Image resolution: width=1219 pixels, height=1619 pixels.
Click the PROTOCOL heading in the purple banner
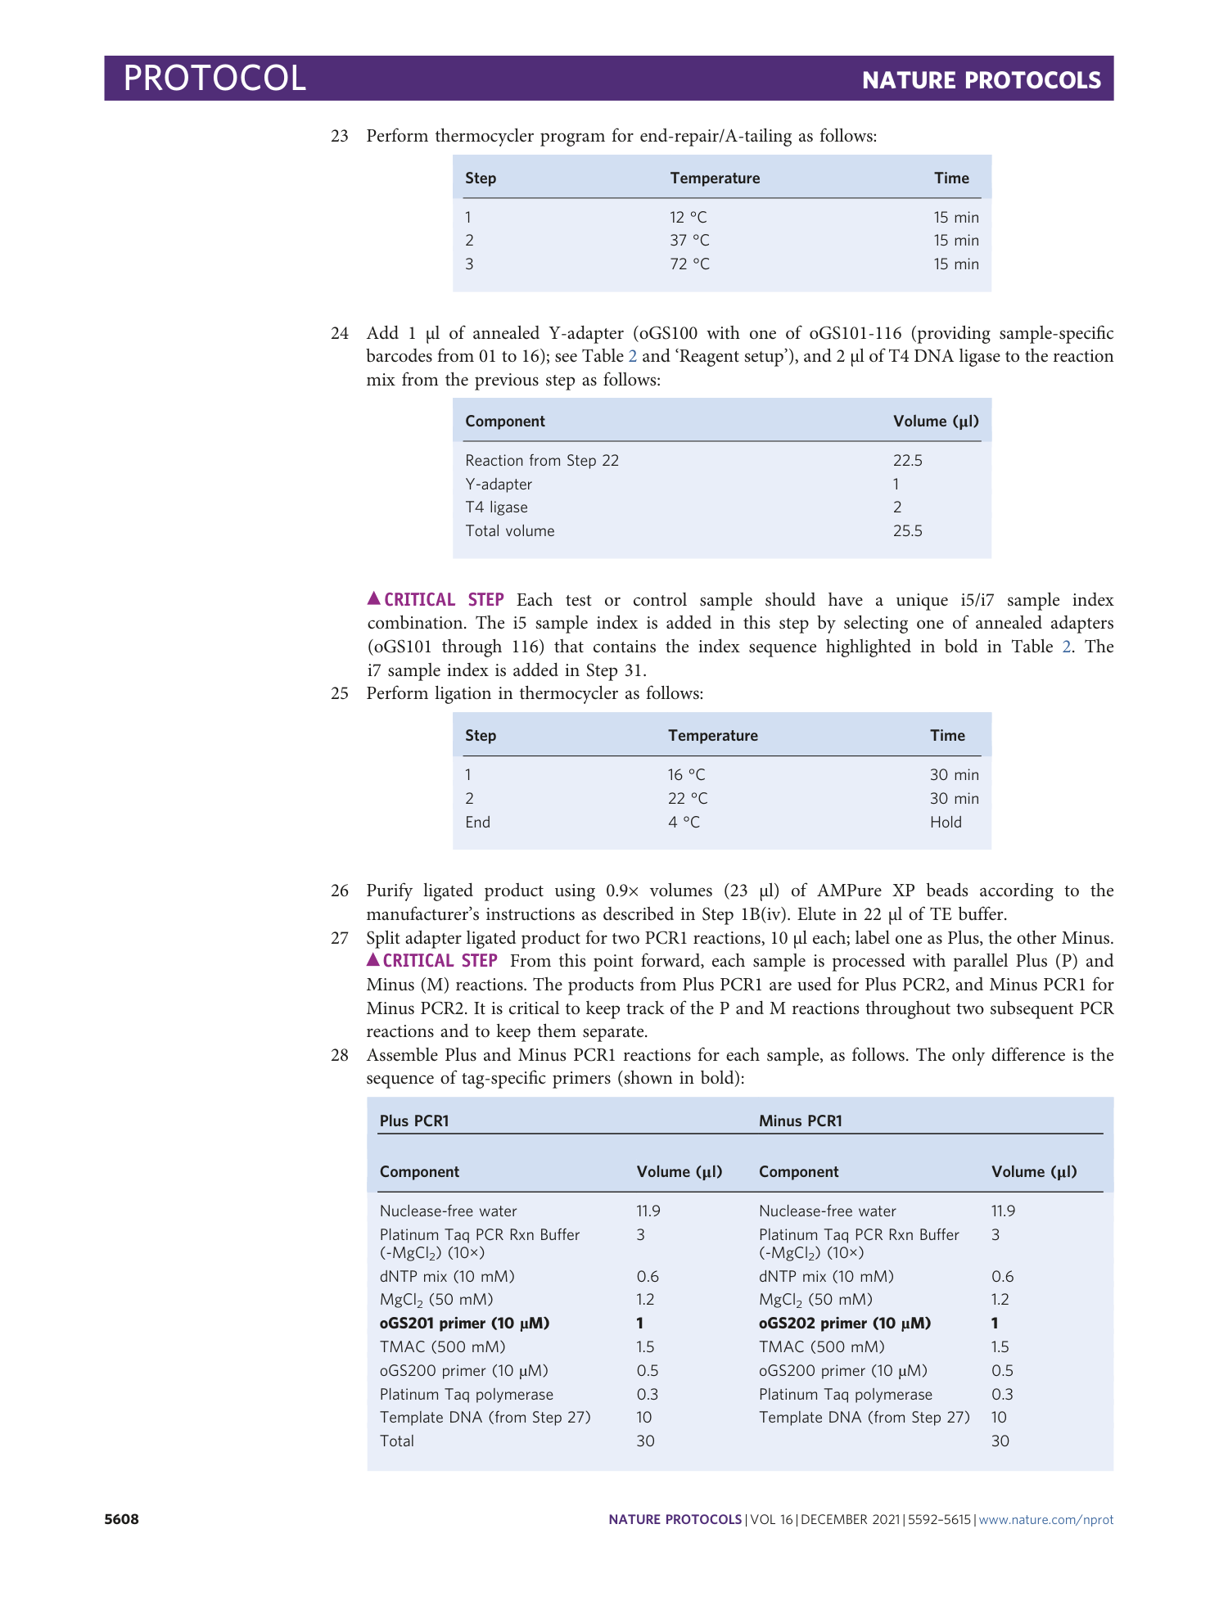pyautogui.click(x=214, y=78)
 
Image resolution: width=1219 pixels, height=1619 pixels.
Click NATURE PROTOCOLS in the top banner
pyautogui.click(x=981, y=80)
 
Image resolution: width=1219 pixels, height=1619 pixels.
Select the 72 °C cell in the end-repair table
pyautogui.click(x=689, y=264)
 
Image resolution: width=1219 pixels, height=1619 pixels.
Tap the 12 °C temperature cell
pyautogui.click(x=688, y=218)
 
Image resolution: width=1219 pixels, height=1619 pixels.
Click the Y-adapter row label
pyautogui.click(x=499, y=485)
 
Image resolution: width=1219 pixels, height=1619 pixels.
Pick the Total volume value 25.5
pyautogui.click(x=907, y=531)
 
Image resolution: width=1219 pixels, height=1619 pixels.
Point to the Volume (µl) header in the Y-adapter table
pyautogui.click(x=936, y=422)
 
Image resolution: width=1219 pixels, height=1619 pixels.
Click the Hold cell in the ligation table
pyautogui.click(x=946, y=823)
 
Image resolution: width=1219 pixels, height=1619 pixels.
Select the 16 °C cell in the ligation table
pyautogui.click(x=686, y=775)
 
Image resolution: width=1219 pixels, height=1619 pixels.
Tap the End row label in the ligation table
pyautogui.click(x=477, y=823)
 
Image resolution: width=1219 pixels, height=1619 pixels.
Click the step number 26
pyautogui.click(x=340, y=891)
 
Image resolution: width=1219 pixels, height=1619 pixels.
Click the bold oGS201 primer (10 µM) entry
pyautogui.click(x=464, y=1324)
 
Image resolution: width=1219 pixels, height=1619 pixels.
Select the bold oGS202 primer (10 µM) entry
pyautogui.click(x=844, y=1324)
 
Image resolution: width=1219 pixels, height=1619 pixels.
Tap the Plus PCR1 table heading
pyautogui.click(x=414, y=1121)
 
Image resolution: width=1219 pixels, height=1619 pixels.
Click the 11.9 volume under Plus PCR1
pyautogui.click(x=648, y=1211)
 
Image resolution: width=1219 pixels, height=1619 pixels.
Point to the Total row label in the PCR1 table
pyautogui.click(x=397, y=1441)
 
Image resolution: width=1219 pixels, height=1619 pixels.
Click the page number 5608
pyautogui.click(x=121, y=1520)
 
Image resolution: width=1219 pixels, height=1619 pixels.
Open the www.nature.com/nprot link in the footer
pyautogui.click(x=1045, y=1520)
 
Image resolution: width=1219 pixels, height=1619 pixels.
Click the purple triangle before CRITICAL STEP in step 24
pyautogui.click(x=373, y=599)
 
